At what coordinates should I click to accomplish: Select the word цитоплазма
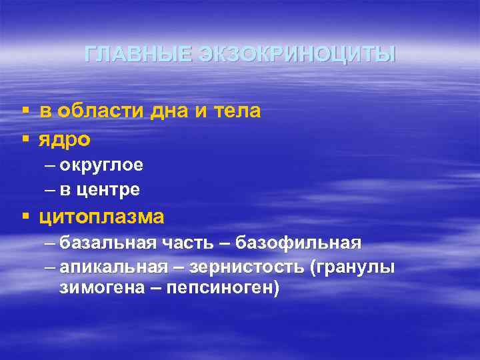click(101, 217)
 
